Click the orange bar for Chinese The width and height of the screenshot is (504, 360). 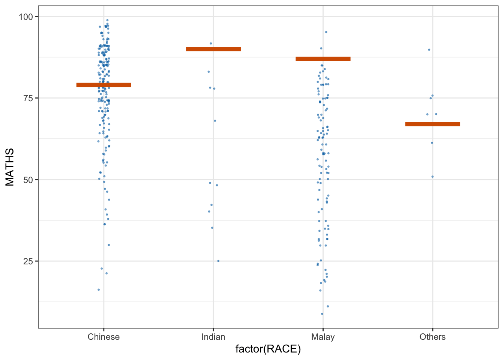tap(104, 85)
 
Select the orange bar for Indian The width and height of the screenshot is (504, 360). tap(213, 49)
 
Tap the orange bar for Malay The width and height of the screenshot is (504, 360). tap(323, 59)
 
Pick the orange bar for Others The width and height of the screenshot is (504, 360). tap(432, 124)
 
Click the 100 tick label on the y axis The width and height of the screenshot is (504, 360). tap(26, 16)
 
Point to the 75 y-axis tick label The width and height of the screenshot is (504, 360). tap(28, 98)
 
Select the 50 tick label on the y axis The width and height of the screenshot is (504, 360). tap(28, 180)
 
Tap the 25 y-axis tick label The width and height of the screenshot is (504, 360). tap(28, 261)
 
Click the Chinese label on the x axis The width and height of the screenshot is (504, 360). tap(104, 337)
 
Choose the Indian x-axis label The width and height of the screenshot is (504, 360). tap(213, 337)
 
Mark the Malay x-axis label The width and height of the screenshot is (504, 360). tap(323, 337)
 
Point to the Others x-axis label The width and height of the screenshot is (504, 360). tap(432, 337)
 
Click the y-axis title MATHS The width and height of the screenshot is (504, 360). tap(10, 167)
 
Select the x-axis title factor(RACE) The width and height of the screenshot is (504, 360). tap(268, 349)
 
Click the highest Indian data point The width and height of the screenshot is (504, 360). tap(211, 43)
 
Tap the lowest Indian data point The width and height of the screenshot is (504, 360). tap(218, 261)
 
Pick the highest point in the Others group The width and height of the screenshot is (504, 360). tap(429, 49)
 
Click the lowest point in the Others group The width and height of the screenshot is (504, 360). tap(432, 177)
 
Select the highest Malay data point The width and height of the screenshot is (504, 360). tap(326, 32)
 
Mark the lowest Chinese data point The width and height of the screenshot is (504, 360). tap(99, 289)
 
